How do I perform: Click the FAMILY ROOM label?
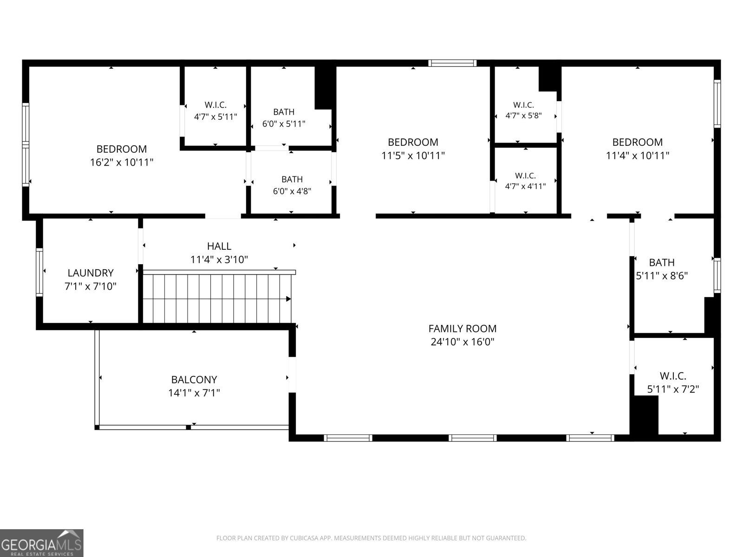click(463, 328)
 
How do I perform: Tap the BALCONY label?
click(194, 379)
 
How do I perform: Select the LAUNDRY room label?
click(91, 272)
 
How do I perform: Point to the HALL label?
click(219, 246)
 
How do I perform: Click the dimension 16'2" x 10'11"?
click(122, 162)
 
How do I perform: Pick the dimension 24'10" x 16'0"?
click(463, 342)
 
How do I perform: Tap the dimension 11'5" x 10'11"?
click(413, 155)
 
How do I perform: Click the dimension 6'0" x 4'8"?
click(292, 191)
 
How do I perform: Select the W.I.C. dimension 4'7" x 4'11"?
click(525, 186)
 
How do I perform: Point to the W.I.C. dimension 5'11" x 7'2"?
click(673, 389)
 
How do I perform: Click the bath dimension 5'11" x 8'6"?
click(662, 276)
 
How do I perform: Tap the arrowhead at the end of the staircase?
click(288, 299)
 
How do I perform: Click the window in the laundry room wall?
click(39, 272)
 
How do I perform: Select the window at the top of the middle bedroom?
click(452, 63)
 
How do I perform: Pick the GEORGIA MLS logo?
click(42, 543)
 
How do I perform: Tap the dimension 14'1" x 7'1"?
click(194, 393)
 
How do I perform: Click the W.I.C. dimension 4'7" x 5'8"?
click(523, 115)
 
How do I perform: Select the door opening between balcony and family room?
click(292, 375)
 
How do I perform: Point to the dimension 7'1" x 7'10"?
click(91, 286)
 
